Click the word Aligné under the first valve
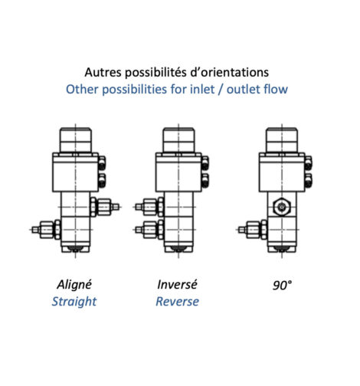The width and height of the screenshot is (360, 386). pos(74,285)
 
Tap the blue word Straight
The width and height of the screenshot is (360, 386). pos(74,302)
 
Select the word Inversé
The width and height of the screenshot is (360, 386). pos(177,285)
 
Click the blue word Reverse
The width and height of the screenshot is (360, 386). pos(177,302)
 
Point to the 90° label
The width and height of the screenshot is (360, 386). pos(282,285)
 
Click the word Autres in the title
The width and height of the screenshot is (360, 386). pos(103,72)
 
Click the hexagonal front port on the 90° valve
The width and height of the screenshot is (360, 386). pos(282,207)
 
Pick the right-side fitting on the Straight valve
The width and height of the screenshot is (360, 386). pos(104,207)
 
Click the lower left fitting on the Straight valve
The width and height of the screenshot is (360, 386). pos(46,230)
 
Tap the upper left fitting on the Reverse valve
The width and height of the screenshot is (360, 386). pos(149,207)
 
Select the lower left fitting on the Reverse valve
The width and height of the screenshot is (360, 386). pos(149,230)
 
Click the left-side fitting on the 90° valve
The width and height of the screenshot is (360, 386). pos(253,230)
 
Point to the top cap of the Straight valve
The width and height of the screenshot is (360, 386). pos(75,140)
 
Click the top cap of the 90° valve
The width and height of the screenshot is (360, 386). pos(282,140)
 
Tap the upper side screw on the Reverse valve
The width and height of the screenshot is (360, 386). pos(205,163)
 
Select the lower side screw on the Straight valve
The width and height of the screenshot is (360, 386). pos(102,180)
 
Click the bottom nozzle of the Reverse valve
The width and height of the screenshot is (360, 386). pos(178,249)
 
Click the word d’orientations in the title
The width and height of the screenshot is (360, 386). pos(230,72)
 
